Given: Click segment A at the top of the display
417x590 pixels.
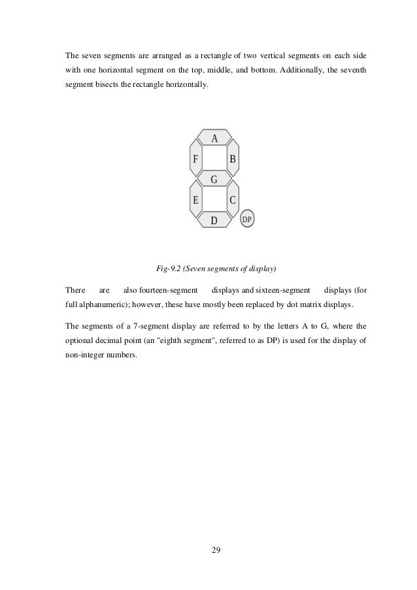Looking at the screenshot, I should (214, 138).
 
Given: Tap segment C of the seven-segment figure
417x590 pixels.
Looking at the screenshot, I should (233, 200).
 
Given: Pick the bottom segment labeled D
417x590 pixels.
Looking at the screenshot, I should (214, 220).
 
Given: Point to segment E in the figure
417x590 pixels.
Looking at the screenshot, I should (195, 200).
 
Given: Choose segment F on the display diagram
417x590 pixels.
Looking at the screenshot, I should (195, 159).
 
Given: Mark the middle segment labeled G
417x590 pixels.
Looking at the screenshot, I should (214, 178).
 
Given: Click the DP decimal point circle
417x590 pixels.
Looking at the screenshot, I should (247, 220).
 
